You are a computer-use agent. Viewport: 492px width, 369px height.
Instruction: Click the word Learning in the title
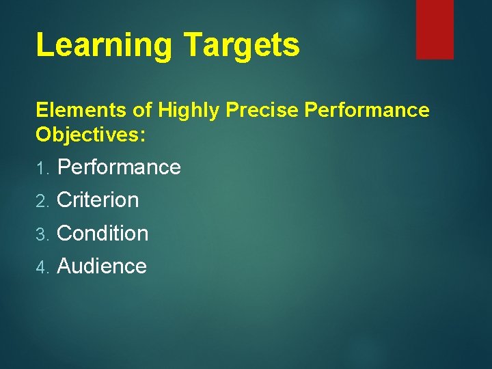104,46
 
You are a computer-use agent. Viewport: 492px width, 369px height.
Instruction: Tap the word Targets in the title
242,46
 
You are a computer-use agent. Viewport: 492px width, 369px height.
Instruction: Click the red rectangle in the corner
435,29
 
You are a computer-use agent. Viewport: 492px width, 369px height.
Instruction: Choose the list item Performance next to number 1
119,167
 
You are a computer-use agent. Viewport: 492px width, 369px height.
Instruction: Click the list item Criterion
98,200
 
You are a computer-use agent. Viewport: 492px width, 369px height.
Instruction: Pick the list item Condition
102,233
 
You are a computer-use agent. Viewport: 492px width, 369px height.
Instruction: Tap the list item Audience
102,266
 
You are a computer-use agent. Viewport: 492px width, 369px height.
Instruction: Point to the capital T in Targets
193,45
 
